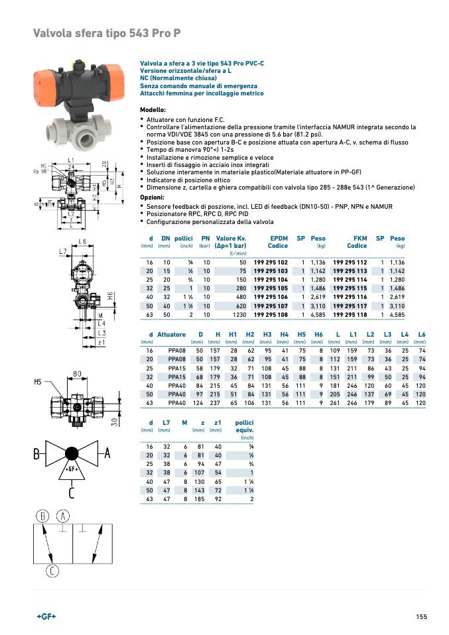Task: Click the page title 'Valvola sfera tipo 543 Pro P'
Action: [x=107, y=33]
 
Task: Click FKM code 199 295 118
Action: [x=350, y=316]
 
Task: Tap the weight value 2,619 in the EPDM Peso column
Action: [x=318, y=298]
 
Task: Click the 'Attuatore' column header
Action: [x=172, y=334]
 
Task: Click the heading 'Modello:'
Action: [x=153, y=109]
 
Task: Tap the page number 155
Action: [x=421, y=617]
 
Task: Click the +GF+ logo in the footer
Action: [x=46, y=616]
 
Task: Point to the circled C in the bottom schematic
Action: [x=52, y=571]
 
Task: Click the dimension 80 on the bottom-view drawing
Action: [x=77, y=375]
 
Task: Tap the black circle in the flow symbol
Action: [x=71, y=454]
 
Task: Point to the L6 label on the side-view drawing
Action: [x=82, y=241]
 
